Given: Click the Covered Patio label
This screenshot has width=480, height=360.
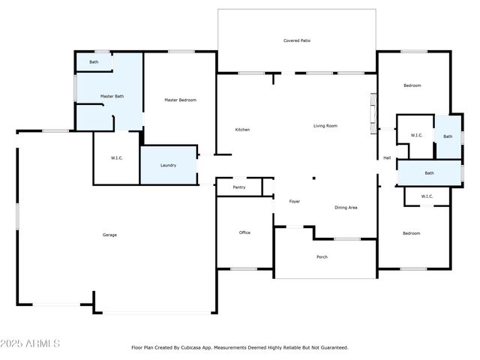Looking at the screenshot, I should point(296,40).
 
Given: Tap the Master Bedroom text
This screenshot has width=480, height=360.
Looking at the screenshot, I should point(180,100).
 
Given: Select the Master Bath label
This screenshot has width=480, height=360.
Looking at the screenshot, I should point(112,97).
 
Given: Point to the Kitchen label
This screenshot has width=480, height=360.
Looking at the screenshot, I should point(242,130).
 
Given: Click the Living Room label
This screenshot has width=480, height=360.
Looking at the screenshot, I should point(325,126).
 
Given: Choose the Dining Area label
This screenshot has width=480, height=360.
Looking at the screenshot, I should point(345,207).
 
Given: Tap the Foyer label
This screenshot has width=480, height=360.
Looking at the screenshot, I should point(294,202).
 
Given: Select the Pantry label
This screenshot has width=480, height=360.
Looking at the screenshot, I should point(239,187).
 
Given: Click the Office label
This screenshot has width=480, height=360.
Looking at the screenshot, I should point(244,232).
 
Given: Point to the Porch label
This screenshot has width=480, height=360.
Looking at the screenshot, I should point(322,257).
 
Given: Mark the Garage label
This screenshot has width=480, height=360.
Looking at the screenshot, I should point(109,235).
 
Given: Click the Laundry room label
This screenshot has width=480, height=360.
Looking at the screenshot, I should point(169,165).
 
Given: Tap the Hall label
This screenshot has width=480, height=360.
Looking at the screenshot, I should point(387,157).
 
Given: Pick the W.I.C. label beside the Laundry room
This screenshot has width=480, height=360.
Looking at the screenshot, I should point(116,157).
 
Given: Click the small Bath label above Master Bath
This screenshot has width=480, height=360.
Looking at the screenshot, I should point(94,61).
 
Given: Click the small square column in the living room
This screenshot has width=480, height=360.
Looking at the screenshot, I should point(313,178).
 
